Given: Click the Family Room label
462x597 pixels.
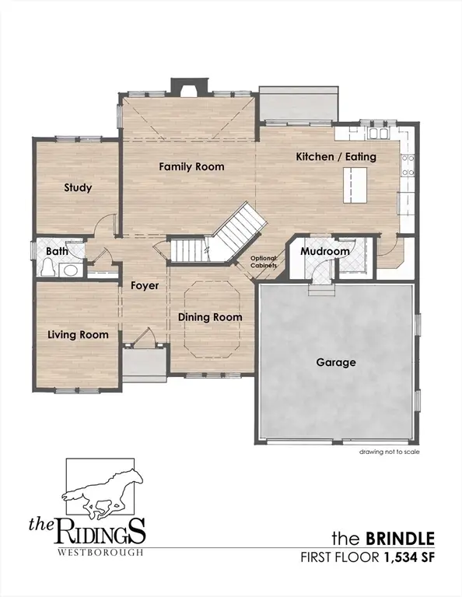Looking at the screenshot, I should pyautogui.click(x=191, y=166).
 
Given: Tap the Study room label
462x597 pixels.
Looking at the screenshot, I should pyautogui.click(x=78, y=187).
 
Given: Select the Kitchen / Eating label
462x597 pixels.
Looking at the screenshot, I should pyautogui.click(x=336, y=156).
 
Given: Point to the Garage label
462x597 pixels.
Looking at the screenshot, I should pyautogui.click(x=336, y=362).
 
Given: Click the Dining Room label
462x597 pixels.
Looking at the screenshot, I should pyautogui.click(x=210, y=317).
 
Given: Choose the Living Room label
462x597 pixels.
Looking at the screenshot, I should pyautogui.click(x=77, y=334).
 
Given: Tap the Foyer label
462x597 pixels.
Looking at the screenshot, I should pyautogui.click(x=145, y=285).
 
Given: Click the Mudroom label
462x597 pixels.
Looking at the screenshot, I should pyautogui.click(x=325, y=252).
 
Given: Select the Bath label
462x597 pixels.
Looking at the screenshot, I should pyautogui.click(x=57, y=251).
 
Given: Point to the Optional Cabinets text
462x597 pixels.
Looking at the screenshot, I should pyautogui.click(x=263, y=262).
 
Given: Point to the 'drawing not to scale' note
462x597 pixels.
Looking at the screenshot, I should pyautogui.click(x=390, y=451).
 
